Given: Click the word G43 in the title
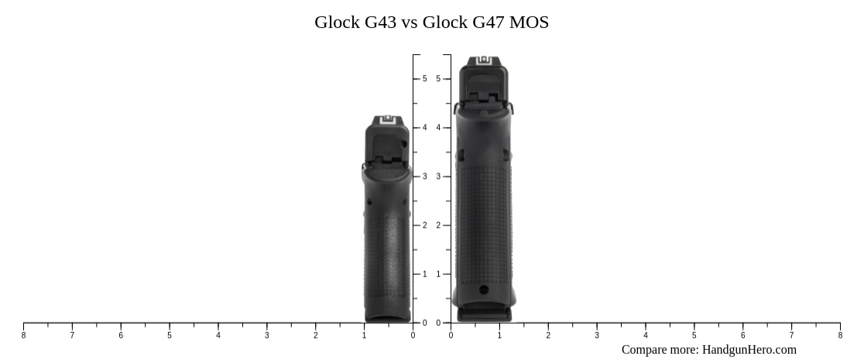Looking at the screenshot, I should click(x=381, y=22).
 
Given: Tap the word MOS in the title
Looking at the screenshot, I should click(x=530, y=22).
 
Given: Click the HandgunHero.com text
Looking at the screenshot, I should click(x=749, y=350).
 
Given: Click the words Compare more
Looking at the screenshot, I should click(x=660, y=350).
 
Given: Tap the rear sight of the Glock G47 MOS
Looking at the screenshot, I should click(x=485, y=60).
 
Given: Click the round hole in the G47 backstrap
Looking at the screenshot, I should click(x=484, y=290).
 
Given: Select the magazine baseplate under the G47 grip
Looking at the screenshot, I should click(x=484, y=314).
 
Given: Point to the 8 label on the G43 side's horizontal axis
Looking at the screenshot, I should click(x=23, y=335).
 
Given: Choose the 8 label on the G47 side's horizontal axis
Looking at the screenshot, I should click(x=840, y=335).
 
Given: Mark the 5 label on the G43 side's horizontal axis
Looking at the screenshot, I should click(x=170, y=335).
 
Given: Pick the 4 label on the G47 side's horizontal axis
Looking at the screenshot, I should click(x=646, y=335).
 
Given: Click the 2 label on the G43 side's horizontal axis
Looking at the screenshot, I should click(x=316, y=335).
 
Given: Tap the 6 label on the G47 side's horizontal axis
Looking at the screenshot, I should click(x=742, y=335).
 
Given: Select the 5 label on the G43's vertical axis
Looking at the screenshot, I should click(x=424, y=79).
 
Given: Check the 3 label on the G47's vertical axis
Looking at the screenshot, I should click(x=438, y=177).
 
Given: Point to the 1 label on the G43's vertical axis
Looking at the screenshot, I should click(x=424, y=274).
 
